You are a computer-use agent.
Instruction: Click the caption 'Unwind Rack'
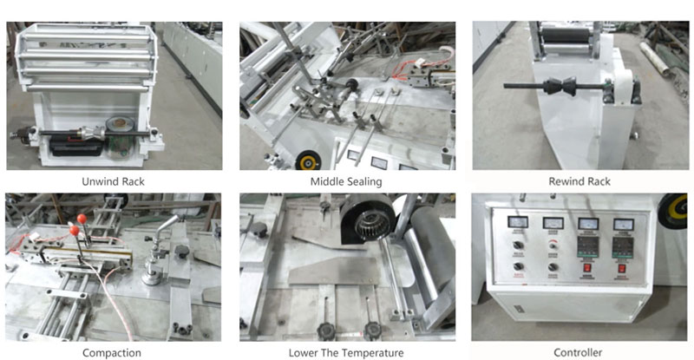point(114,181)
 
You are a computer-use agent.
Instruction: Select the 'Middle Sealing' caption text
point(345,181)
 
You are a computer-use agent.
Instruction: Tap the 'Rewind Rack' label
point(579,181)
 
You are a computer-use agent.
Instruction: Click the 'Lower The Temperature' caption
point(345,353)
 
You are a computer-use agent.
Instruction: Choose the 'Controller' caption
point(579,353)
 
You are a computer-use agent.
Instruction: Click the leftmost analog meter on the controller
point(519,223)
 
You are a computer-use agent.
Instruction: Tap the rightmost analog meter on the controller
point(622,224)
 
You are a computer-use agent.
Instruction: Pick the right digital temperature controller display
point(623,244)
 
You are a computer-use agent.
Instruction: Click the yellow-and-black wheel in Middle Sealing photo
point(304,159)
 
